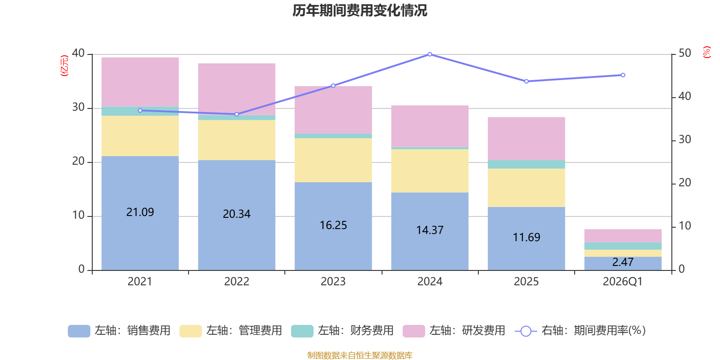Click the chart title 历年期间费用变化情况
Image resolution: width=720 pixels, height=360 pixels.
pyautogui.click(x=360, y=10)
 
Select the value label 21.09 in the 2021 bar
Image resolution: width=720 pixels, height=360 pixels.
pyautogui.click(x=140, y=212)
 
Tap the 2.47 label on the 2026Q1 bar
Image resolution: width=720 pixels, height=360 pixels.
pyautogui.click(x=623, y=262)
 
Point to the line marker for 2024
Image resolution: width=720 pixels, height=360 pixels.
pyautogui.click(x=430, y=54)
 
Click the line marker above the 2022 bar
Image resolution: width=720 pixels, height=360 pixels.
pyautogui.click(x=237, y=114)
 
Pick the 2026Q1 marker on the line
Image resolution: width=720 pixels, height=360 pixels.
pyautogui.click(x=623, y=75)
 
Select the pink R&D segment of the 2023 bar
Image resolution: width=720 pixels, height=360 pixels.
pyautogui.click(x=333, y=110)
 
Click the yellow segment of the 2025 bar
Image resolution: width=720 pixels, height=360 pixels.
pyautogui.click(x=526, y=188)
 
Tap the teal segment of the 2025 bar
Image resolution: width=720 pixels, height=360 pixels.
pyautogui.click(x=526, y=164)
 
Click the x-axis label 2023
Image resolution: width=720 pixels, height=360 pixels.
pyautogui.click(x=333, y=282)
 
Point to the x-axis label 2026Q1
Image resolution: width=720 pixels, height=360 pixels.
pyautogui.click(x=622, y=282)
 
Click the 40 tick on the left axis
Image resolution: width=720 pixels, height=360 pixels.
pyautogui.click(x=78, y=53)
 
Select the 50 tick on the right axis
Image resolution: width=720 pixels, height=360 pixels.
pyautogui.click(x=684, y=53)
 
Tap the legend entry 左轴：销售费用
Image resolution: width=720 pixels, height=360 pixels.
pyautogui.click(x=119, y=331)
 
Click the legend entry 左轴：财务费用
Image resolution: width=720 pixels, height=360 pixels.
pyautogui.click(x=342, y=331)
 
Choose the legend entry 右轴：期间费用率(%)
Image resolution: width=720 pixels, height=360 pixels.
pyautogui.click(x=580, y=331)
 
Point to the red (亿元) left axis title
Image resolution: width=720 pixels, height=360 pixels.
pyautogui.click(x=65, y=66)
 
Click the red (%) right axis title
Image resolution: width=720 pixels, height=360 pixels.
pyautogui.click(x=707, y=52)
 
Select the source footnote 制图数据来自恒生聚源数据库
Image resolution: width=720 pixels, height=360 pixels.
pyautogui.click(x=360, y=355)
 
